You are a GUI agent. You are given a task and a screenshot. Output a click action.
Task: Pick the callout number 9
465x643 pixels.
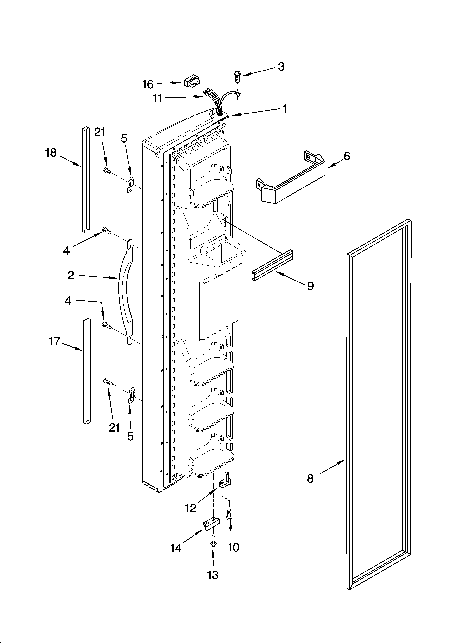(310, 286)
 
